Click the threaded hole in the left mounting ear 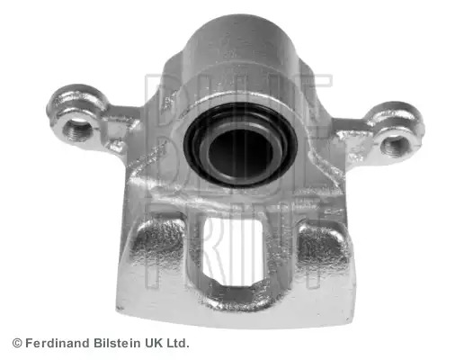78,130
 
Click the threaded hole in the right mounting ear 396,146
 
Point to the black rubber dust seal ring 241,146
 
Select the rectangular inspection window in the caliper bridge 232,252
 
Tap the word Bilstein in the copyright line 117,343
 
